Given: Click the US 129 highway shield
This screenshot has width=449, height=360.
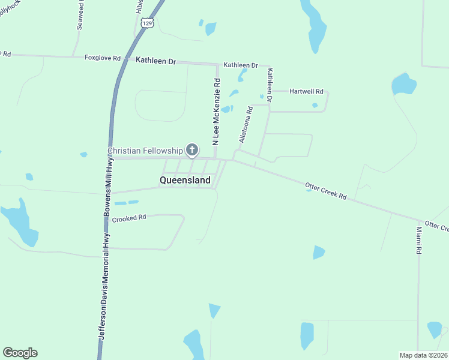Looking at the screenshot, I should pos(148,22).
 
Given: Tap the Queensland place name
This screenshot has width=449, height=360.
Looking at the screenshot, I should pos(185,180).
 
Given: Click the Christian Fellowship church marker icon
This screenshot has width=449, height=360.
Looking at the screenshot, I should pos(192,149).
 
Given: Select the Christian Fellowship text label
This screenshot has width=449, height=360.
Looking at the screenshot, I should pos(145,151).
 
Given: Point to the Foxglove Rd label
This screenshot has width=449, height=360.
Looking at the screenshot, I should pos(103,58).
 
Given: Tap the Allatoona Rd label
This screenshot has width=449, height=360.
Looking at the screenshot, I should pos(246,124).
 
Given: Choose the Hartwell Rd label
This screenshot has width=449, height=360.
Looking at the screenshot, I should pos(306,92).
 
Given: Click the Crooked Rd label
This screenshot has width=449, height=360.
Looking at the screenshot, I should pos(130,218).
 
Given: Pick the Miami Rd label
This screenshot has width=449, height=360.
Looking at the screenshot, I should pos(419,238).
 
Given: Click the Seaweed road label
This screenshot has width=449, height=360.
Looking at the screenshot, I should pos(80,16).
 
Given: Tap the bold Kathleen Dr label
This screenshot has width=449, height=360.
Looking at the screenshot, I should pos(155,61).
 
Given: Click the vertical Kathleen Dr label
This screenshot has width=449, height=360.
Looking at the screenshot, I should pos(270,85).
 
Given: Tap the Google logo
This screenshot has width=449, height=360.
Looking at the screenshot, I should pos(20,353).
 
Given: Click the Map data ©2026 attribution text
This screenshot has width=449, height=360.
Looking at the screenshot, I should pos(424,355).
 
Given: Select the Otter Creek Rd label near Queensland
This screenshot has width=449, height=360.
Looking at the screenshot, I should pos(326,191).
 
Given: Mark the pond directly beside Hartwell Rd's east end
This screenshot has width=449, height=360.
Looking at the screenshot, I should pos(315,106).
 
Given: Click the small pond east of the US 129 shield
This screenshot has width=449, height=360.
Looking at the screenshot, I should pos(210,28).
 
